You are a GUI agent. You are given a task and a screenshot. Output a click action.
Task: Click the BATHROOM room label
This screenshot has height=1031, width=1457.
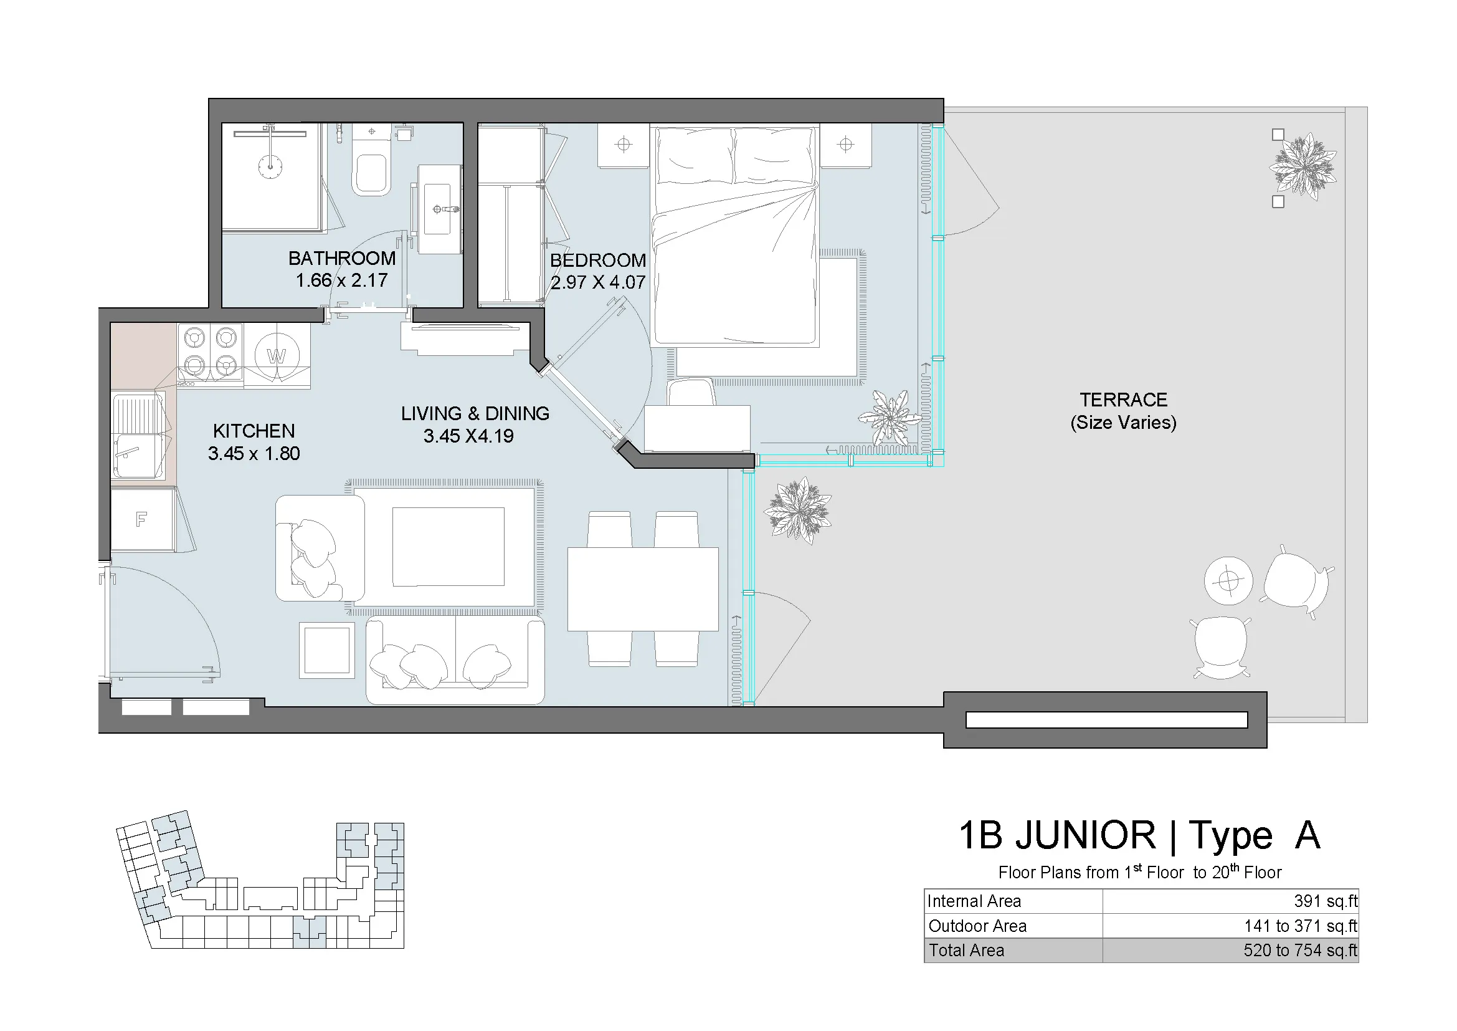[x=341, y=259]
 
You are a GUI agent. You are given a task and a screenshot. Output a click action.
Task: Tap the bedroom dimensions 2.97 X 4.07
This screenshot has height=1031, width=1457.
[x=597, y=282]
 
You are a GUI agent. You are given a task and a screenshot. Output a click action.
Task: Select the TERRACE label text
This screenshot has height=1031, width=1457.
[x=1123, y=400]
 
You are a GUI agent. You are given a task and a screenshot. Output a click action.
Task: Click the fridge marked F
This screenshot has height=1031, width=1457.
[x=141, y=520]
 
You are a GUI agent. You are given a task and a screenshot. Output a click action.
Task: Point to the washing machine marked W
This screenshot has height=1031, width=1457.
[x=277, y=356]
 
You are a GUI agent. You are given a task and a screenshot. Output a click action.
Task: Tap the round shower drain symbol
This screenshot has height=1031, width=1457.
[x=270, y=167]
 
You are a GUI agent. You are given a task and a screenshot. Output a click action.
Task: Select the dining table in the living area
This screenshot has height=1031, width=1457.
[x=642, y=589]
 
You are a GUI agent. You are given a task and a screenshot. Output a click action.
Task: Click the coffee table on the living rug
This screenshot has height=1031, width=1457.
[x=448, y=547]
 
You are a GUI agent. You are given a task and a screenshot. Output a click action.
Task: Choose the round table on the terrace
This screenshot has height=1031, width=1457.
[x=1228, y=580]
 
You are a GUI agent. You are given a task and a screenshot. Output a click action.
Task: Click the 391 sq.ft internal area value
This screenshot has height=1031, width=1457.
[x=1325, y=901]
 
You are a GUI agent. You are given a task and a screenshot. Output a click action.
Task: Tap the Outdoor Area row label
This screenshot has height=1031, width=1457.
[x=977, y=926]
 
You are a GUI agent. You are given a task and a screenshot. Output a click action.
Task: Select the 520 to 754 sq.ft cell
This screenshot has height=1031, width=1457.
[x=1299, y=951]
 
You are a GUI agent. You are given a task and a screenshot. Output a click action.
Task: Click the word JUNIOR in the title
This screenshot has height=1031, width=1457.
[x=1085, y=835]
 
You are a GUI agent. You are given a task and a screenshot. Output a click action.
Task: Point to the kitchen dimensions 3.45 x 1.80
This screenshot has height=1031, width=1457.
[x=254, y=454]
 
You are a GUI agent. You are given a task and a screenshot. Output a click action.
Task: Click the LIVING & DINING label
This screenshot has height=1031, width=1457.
[x=475, y=414]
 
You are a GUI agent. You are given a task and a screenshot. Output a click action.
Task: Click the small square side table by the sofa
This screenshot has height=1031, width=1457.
[x=327, y=650]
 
